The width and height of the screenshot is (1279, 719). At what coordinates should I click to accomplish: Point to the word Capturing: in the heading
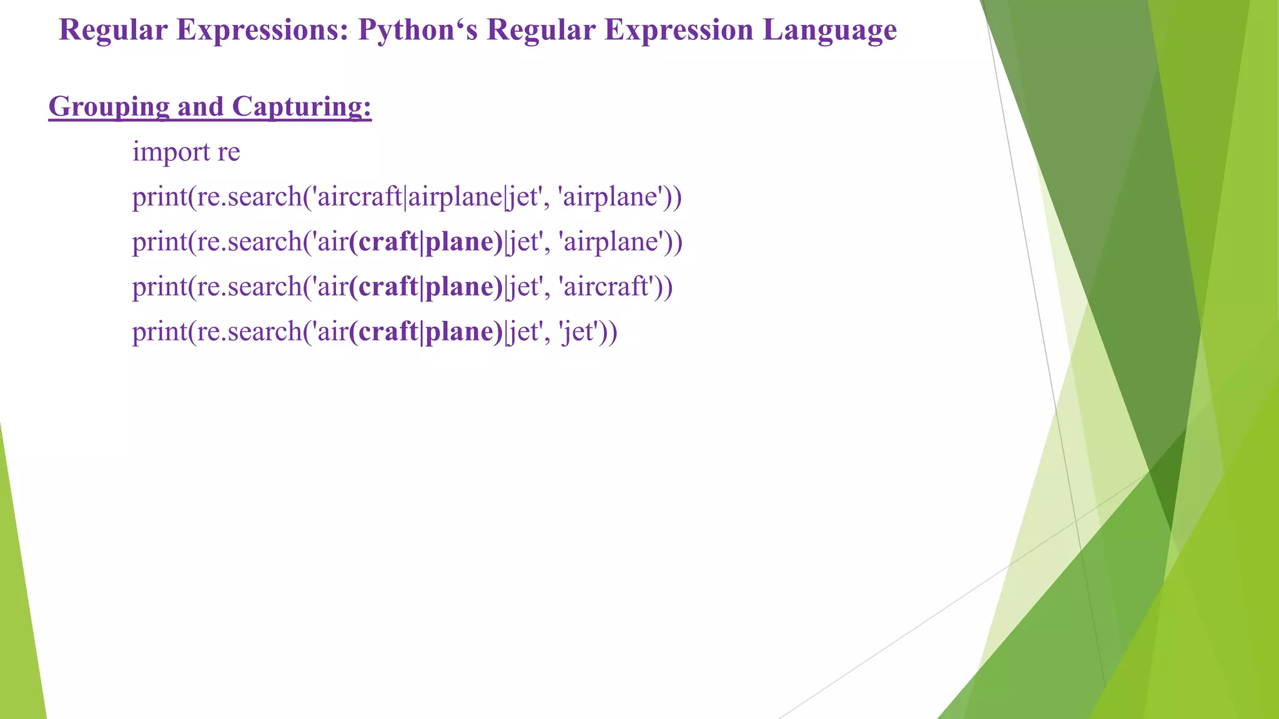click(x=302, y=107)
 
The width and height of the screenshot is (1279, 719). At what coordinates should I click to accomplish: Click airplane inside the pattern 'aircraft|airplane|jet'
click(x=455, y=197)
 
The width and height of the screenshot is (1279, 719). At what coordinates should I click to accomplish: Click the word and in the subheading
click(x=200, y=107)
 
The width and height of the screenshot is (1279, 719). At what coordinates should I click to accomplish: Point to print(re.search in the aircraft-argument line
click(x=217, y=287)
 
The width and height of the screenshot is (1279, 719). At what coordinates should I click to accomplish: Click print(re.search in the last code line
click(x=217, y=332)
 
